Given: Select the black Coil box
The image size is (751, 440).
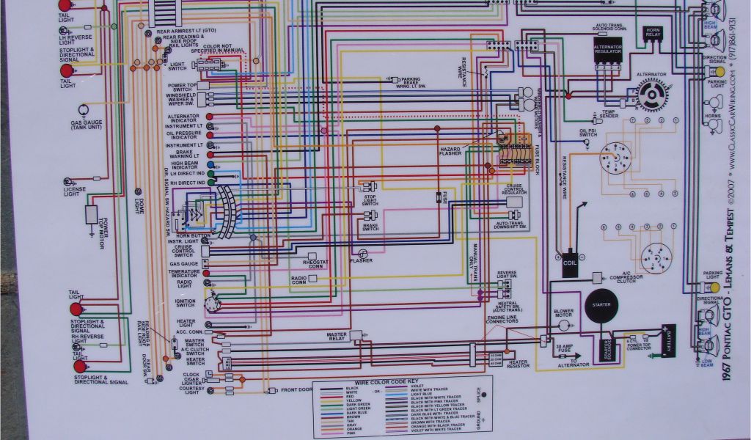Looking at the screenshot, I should tap(570, 266).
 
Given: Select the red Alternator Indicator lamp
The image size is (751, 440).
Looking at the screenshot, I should tap(210, 117).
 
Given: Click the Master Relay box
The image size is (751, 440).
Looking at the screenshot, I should tap(356, 335).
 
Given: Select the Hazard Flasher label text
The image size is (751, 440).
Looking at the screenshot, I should tap(450, 151).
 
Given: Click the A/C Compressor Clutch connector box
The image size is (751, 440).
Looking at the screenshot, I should tap(596, 276).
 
